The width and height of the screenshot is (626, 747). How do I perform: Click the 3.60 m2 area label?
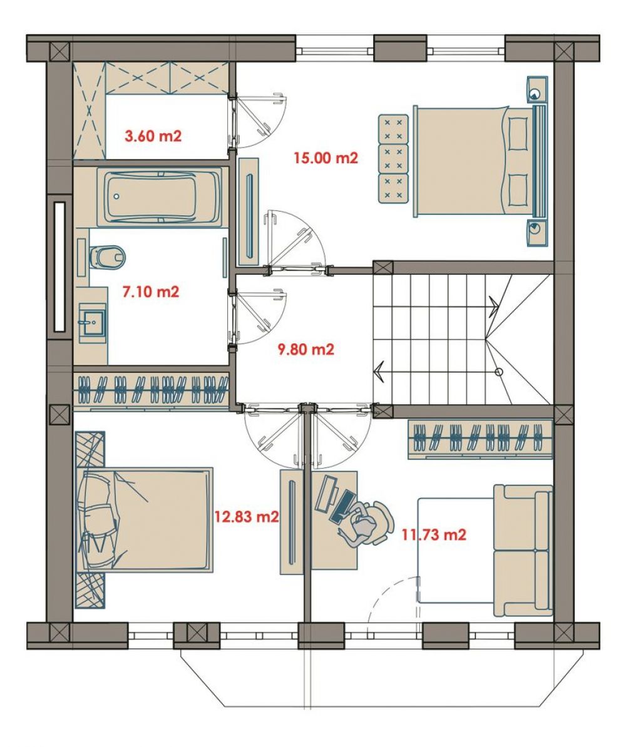pyautogui.click(x=153, y=136)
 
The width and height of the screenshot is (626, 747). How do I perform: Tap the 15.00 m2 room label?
pyautogui.click(x=326, y=158)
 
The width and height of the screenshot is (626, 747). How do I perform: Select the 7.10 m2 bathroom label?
pyautogui.click(x=151, y=291)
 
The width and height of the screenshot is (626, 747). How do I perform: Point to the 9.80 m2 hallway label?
pyautogui.click(x=305, y=349)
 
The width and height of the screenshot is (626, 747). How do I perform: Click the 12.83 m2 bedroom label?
pyautogui.click(x=246, y=516)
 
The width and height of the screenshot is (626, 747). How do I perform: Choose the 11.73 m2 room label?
pyautogui.click(x=433, y=534)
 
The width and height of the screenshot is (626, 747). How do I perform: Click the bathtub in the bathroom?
pyautogui.click(x=159, y=196)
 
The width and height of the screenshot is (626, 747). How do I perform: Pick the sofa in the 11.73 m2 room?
pyautogui.click(x=523, y=551)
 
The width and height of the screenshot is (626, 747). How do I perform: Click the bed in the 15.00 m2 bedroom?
pyautogui.click(x=479, y=161)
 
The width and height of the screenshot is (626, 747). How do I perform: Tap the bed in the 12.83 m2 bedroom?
pyautogui.click(x=144, y=519)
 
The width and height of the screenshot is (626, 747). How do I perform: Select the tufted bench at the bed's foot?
pyautogui.click(x=394, y=159)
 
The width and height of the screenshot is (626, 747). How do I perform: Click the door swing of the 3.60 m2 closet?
pyautogui.click(x=260, y=119)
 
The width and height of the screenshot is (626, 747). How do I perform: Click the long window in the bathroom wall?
pyautogui.click(x=59, y=267)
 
